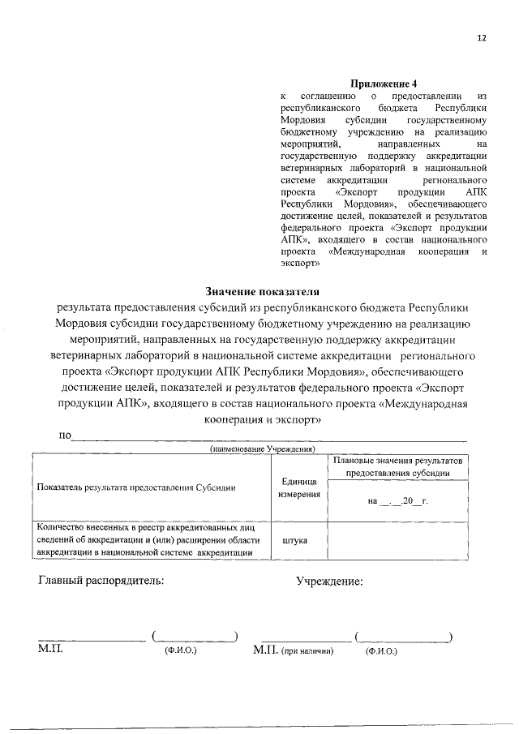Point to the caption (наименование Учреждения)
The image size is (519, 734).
[263, 449]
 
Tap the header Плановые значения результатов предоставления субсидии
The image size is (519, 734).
[397, 466]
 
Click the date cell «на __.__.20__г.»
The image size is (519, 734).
[397, 500]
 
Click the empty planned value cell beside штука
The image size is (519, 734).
[397, 539]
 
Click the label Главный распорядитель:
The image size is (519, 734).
[101, 581]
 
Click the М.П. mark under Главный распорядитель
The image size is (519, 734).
[50, 650]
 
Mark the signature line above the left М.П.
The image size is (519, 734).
[92, 639]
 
